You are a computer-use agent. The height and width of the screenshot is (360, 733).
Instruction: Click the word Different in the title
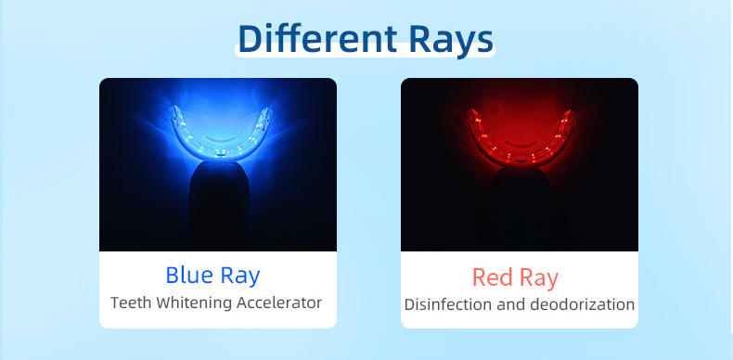coord(317,38)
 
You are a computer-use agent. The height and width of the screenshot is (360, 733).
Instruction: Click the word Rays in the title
coord(451,41)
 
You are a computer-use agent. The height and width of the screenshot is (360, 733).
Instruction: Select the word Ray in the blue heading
coord(240,276)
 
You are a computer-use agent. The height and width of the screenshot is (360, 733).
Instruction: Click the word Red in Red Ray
coord(491,277)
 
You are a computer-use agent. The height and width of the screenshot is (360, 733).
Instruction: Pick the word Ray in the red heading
coord(539,279)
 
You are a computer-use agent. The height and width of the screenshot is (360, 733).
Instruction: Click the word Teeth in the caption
coord(131,302)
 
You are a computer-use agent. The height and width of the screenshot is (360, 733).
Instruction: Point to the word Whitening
coord(194,303)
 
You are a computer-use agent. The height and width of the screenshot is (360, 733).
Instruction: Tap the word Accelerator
coord(279,302)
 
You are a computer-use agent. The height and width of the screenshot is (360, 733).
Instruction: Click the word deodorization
coord(582,304)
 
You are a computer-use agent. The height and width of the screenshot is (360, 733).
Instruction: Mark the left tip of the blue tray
coord(174,109)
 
